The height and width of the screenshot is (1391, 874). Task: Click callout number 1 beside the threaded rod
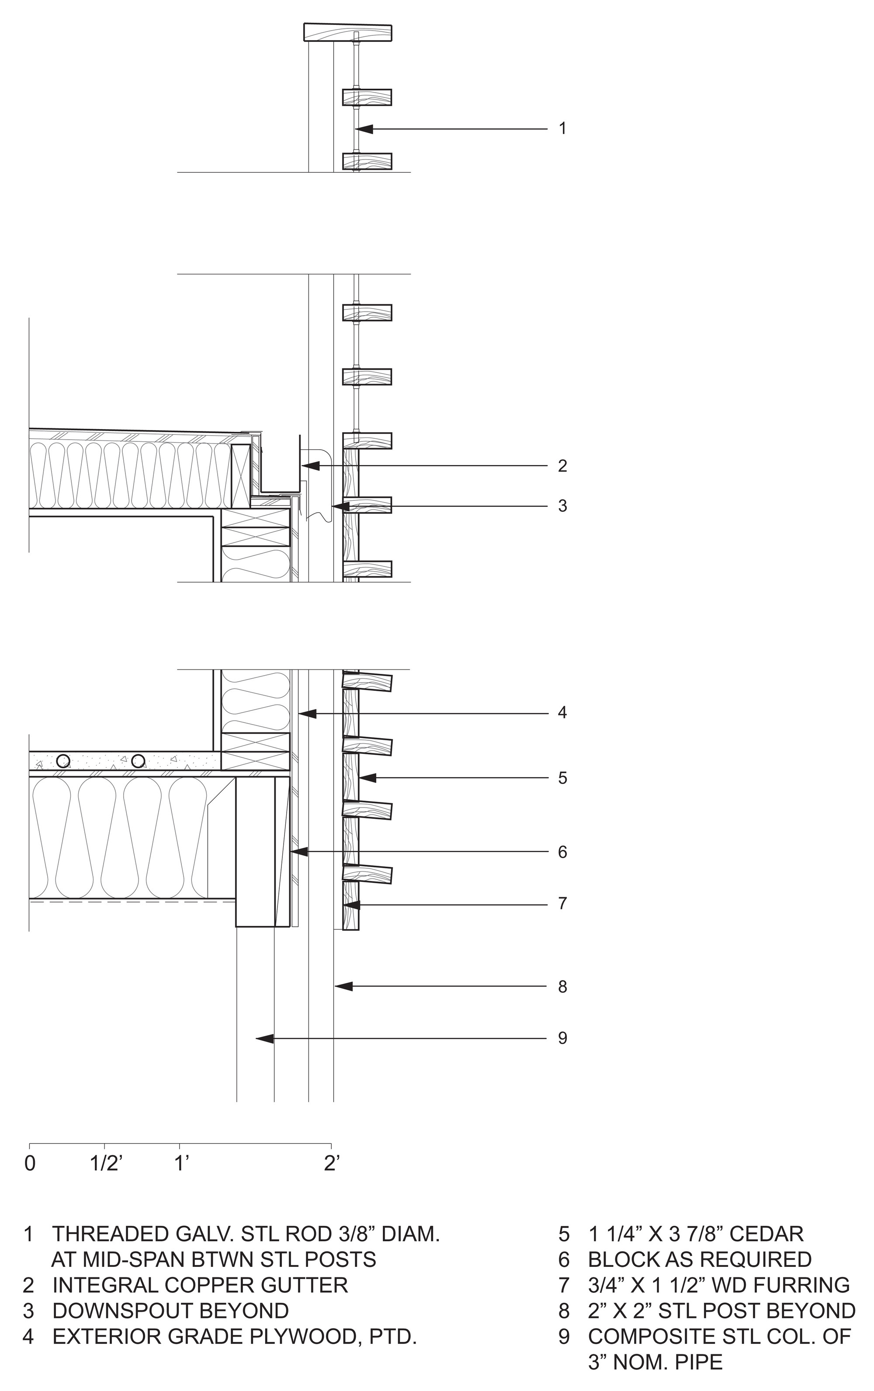[x=562, y=128]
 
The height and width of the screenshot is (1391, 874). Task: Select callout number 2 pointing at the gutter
[x=562, y=466]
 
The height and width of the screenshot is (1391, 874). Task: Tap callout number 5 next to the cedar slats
[x=562, y=778]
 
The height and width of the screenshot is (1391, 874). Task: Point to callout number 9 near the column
[x=562, y=1038]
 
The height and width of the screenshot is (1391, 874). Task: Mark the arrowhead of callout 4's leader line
[x=307, y=713]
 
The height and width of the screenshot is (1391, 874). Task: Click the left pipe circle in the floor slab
[x=63, y=760]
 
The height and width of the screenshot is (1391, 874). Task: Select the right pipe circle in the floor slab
[x=138, y=760]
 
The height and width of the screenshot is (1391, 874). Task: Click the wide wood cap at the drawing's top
[x=348, y=32]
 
